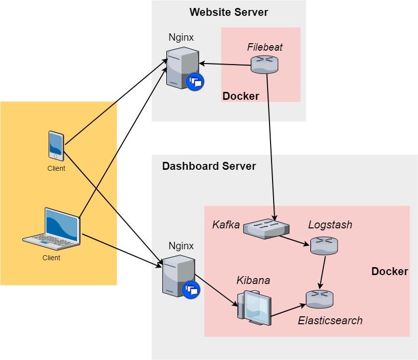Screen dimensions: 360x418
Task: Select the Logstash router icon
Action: click(x=324, y=245)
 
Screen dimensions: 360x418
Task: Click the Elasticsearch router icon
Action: click(x=320, y=299)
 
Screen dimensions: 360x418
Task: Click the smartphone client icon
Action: click(x=56, y=145)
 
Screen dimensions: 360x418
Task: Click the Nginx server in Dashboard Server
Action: click(x=177, y=276)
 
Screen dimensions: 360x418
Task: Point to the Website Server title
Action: click(x=228, y=12)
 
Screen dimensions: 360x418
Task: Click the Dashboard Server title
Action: click(x=209, y=166)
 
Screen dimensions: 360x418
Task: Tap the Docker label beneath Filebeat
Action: click(x=241, y=96)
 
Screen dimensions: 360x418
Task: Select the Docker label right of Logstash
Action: click(x=390, y=271)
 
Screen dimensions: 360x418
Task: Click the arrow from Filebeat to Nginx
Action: click(x=225, y=64)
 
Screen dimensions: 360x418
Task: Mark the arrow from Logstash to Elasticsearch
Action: click(x=322, y=272)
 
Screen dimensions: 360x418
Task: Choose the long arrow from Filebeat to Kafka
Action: click(x=271, y=144)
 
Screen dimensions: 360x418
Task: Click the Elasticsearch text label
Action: click(x=330, y=320)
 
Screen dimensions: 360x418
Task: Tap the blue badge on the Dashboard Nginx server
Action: click(x=191, y=289)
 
